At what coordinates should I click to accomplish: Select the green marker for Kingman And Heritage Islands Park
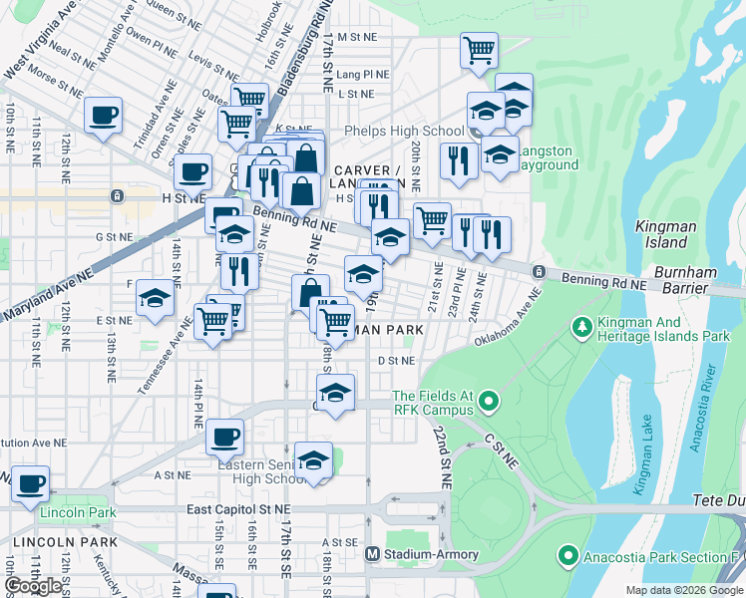click(581, 327)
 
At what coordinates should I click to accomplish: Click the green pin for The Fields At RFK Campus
click(488, 403)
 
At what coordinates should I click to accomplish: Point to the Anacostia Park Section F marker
click(568, 554)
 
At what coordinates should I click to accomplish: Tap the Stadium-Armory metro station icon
click(372, 554)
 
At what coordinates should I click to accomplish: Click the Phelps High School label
click(403, 131)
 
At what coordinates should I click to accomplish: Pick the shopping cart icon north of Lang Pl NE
click(479, 49)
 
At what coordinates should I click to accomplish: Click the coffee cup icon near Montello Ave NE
click(103, 115)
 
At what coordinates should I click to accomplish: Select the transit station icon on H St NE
click(118, 196)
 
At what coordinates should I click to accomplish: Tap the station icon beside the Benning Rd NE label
click(538, 272)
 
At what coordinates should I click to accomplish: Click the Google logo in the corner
click(34, 586)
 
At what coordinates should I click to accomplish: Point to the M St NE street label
click(357, 36)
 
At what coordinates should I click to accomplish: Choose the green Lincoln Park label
click(78, 512)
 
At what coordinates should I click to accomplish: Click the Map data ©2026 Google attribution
click(683, 590)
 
